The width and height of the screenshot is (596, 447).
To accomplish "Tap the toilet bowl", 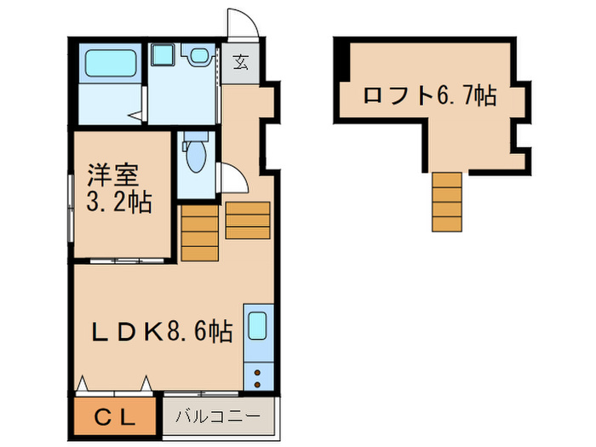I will tap(196, 157).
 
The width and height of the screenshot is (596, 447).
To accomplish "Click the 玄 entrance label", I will tap(242, 61).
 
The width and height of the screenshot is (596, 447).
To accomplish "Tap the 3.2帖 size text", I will tap(118, 203).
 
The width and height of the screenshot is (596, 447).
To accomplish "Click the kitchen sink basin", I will tap(259, 327).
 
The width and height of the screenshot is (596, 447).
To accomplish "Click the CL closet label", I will tap(114, 417).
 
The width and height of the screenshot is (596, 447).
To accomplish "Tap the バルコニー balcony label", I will tap(218, 417).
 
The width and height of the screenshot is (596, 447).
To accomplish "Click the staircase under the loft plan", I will tap(446, 202).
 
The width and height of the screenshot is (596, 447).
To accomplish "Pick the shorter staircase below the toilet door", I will tap(248, 221).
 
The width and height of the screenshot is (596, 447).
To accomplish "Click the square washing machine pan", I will tap(163, 55).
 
